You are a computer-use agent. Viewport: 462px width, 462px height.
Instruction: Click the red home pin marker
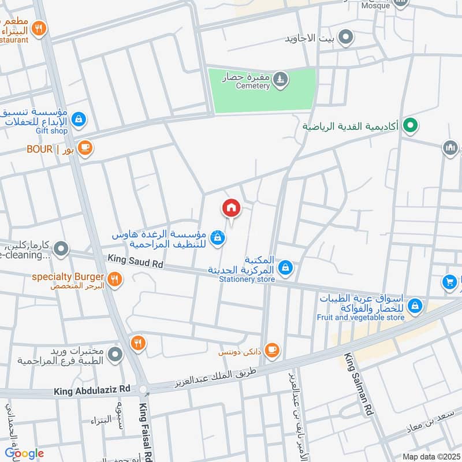231,207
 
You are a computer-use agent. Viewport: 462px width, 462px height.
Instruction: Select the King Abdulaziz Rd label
92,391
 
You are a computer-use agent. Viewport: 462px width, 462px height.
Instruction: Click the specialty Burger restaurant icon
115,278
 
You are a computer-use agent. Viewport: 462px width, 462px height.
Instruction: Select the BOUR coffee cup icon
85,148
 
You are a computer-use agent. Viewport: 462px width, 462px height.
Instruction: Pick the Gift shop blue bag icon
80,120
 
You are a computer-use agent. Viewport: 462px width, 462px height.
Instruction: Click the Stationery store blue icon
285,267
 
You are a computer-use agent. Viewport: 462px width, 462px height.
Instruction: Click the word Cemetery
253,86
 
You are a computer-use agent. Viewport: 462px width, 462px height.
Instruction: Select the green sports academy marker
411,125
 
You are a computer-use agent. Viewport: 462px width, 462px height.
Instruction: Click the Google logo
24,453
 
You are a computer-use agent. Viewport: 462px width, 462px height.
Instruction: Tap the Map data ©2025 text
431,456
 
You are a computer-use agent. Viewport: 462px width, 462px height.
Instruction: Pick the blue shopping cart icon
449,282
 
